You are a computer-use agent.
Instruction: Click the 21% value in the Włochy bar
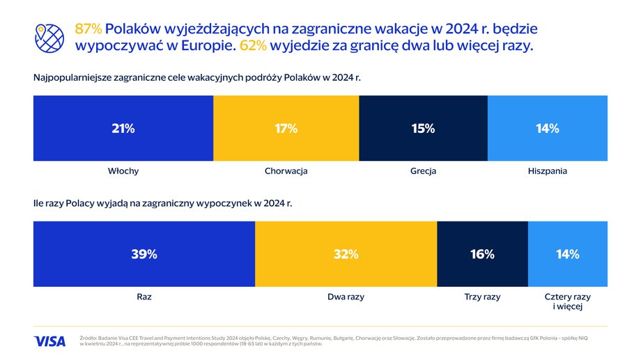click(x=123, y=128)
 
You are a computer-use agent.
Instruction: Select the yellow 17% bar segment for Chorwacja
click(x=286, y=128)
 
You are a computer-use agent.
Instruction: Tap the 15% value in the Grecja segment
click(x=423, y=128)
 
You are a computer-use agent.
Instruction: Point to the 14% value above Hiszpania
click(x=548, y=128)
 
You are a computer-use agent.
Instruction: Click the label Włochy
click(x=123, y=171)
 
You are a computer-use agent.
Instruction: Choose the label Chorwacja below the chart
click(x=286, y=171)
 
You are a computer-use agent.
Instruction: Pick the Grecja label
click(x=423, y=171)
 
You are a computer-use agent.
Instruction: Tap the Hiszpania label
click(x=548, y=171)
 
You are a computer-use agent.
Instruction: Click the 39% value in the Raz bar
click(x=144, y=254)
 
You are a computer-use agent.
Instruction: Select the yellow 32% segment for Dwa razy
click(x=346, y=254)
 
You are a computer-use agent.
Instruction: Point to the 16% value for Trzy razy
click(x=482, y=254)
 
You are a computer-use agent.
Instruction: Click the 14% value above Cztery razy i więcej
click(x=567, y=254)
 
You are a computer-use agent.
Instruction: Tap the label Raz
click(x=144, y=297)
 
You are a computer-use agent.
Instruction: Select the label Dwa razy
click(x=346, y=297)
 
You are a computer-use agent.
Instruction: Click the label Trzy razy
click(x=482, y=297)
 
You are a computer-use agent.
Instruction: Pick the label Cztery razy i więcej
click(x=567, y=301)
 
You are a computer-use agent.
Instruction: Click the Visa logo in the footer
click(x=49, y=341)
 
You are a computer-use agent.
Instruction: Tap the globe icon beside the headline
click(x=49, y=38)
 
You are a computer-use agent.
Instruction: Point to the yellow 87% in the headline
click(x=88, y=29)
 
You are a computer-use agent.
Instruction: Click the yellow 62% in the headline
click(x=253, y=45)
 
